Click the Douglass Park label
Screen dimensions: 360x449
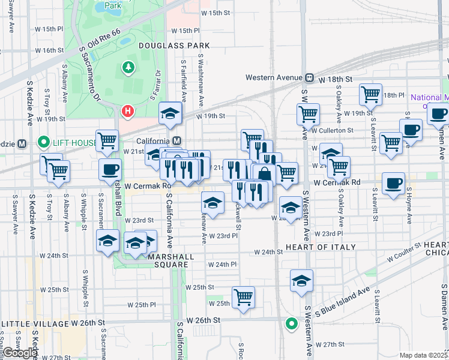pyautogui.click(x=173, y=45)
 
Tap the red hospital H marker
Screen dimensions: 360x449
pyautogui.click(x=128, y=111)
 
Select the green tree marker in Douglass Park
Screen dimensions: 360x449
pyautogui.click(x=128, y=68)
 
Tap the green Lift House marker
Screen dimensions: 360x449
pyautogui.click(x=43, y=143)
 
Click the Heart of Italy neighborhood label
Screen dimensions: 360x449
pyautogui.click(x=321, y=247)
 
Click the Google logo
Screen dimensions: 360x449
pyautogui.click(x=20, y=353)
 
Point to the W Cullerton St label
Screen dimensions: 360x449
pyautogui.click(x=332, y=130)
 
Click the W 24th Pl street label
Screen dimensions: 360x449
pyautogui.click(x=222, y=264)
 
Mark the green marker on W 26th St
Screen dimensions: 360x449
pyautogui.click(x=291, y=325)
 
